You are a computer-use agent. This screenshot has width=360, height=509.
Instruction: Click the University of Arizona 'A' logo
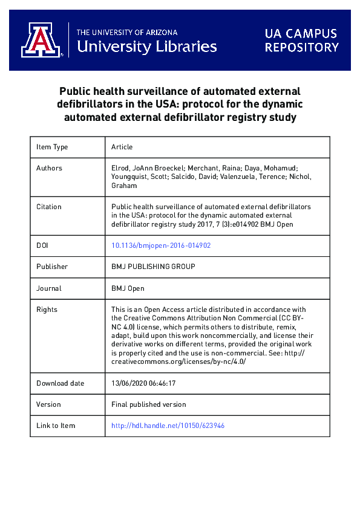[x=41, y=40]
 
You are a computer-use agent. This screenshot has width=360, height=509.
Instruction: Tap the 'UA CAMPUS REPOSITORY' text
[x=301, y=40]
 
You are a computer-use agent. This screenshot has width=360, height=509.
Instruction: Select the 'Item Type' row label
[x=52, y=147]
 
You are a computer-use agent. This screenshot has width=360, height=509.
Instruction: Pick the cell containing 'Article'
[x=122, y=147]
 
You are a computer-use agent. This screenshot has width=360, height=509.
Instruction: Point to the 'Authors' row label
[x=49, y=168]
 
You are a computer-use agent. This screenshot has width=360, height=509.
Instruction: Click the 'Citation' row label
[x=49, y=207]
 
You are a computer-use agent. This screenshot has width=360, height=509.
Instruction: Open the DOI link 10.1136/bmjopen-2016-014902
[x=161, y=245]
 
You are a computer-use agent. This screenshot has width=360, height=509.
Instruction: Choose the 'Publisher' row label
[x=52, y=267]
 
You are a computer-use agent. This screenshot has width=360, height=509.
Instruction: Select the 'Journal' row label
[x=49, y=288]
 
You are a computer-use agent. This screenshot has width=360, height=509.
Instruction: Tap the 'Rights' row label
[x=47, y=310]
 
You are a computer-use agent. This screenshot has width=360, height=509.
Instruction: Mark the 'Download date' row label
[x=61, y=383]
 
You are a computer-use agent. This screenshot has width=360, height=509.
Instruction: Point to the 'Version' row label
[x=48, y=404]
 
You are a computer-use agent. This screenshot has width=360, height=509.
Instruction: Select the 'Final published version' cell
[x=149, y=404]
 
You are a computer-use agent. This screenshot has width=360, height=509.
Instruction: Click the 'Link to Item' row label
[x=56, y=426]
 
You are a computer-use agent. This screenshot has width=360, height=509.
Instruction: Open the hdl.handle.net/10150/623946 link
[x=168, y=426]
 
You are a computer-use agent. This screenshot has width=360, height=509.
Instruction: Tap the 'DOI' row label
[x=43, y=245]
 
